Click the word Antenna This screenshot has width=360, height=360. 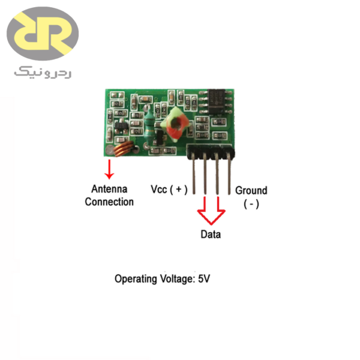point(109,190)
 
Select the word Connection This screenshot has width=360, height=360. point(109,202)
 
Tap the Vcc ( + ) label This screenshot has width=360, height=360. point(169,190)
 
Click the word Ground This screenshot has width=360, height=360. point(251,190)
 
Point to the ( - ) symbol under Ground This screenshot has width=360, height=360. point(251,204)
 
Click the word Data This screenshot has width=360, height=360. point(211,234)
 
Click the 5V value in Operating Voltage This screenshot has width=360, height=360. point(205,279)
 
